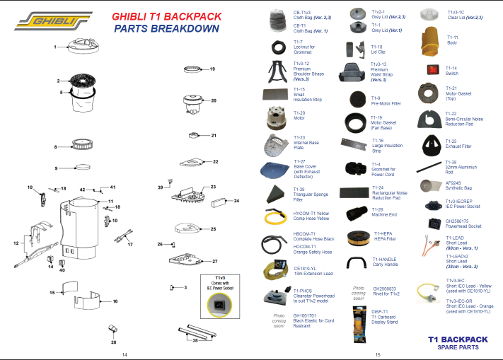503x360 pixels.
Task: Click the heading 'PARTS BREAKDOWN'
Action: coord(166,29)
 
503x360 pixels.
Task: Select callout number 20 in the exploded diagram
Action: coord(214,100)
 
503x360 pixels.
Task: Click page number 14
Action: coord(125,354)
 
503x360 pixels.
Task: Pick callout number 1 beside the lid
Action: coord(55,47)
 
